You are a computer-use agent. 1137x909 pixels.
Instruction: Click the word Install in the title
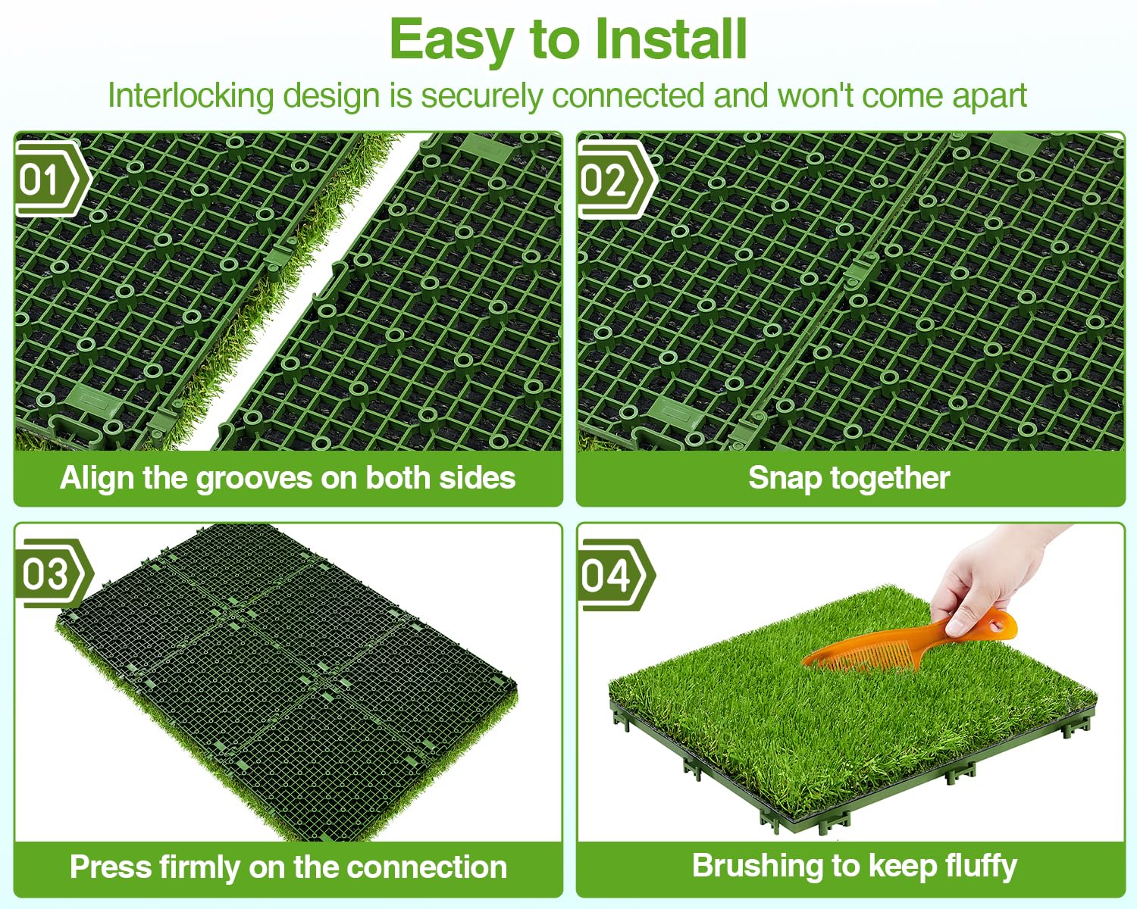[x=671, y=39]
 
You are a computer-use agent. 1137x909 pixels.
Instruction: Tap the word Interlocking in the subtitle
[x=191, y=97]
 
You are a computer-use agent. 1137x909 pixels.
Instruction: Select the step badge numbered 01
[x=53, y=180]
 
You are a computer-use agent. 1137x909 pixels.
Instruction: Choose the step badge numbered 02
[x=617, y=180]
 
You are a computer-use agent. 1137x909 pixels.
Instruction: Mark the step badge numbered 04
[x=617, y=575]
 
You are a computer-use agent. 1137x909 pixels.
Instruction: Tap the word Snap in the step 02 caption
[x=784, y=479]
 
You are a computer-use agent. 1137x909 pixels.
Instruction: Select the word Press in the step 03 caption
[x=111, y=867]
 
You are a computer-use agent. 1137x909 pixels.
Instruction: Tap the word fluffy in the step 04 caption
[x=981, y=867]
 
